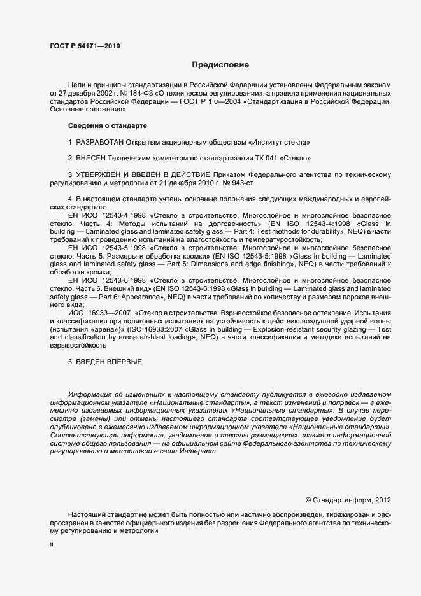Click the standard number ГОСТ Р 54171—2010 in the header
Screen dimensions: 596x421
click(84, 46)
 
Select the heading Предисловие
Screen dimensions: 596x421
click(221, 65)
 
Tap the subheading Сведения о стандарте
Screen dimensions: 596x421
click(108, 125)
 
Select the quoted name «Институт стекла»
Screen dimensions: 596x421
click(283, 141)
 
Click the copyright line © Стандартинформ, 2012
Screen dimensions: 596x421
click(348, 500)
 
